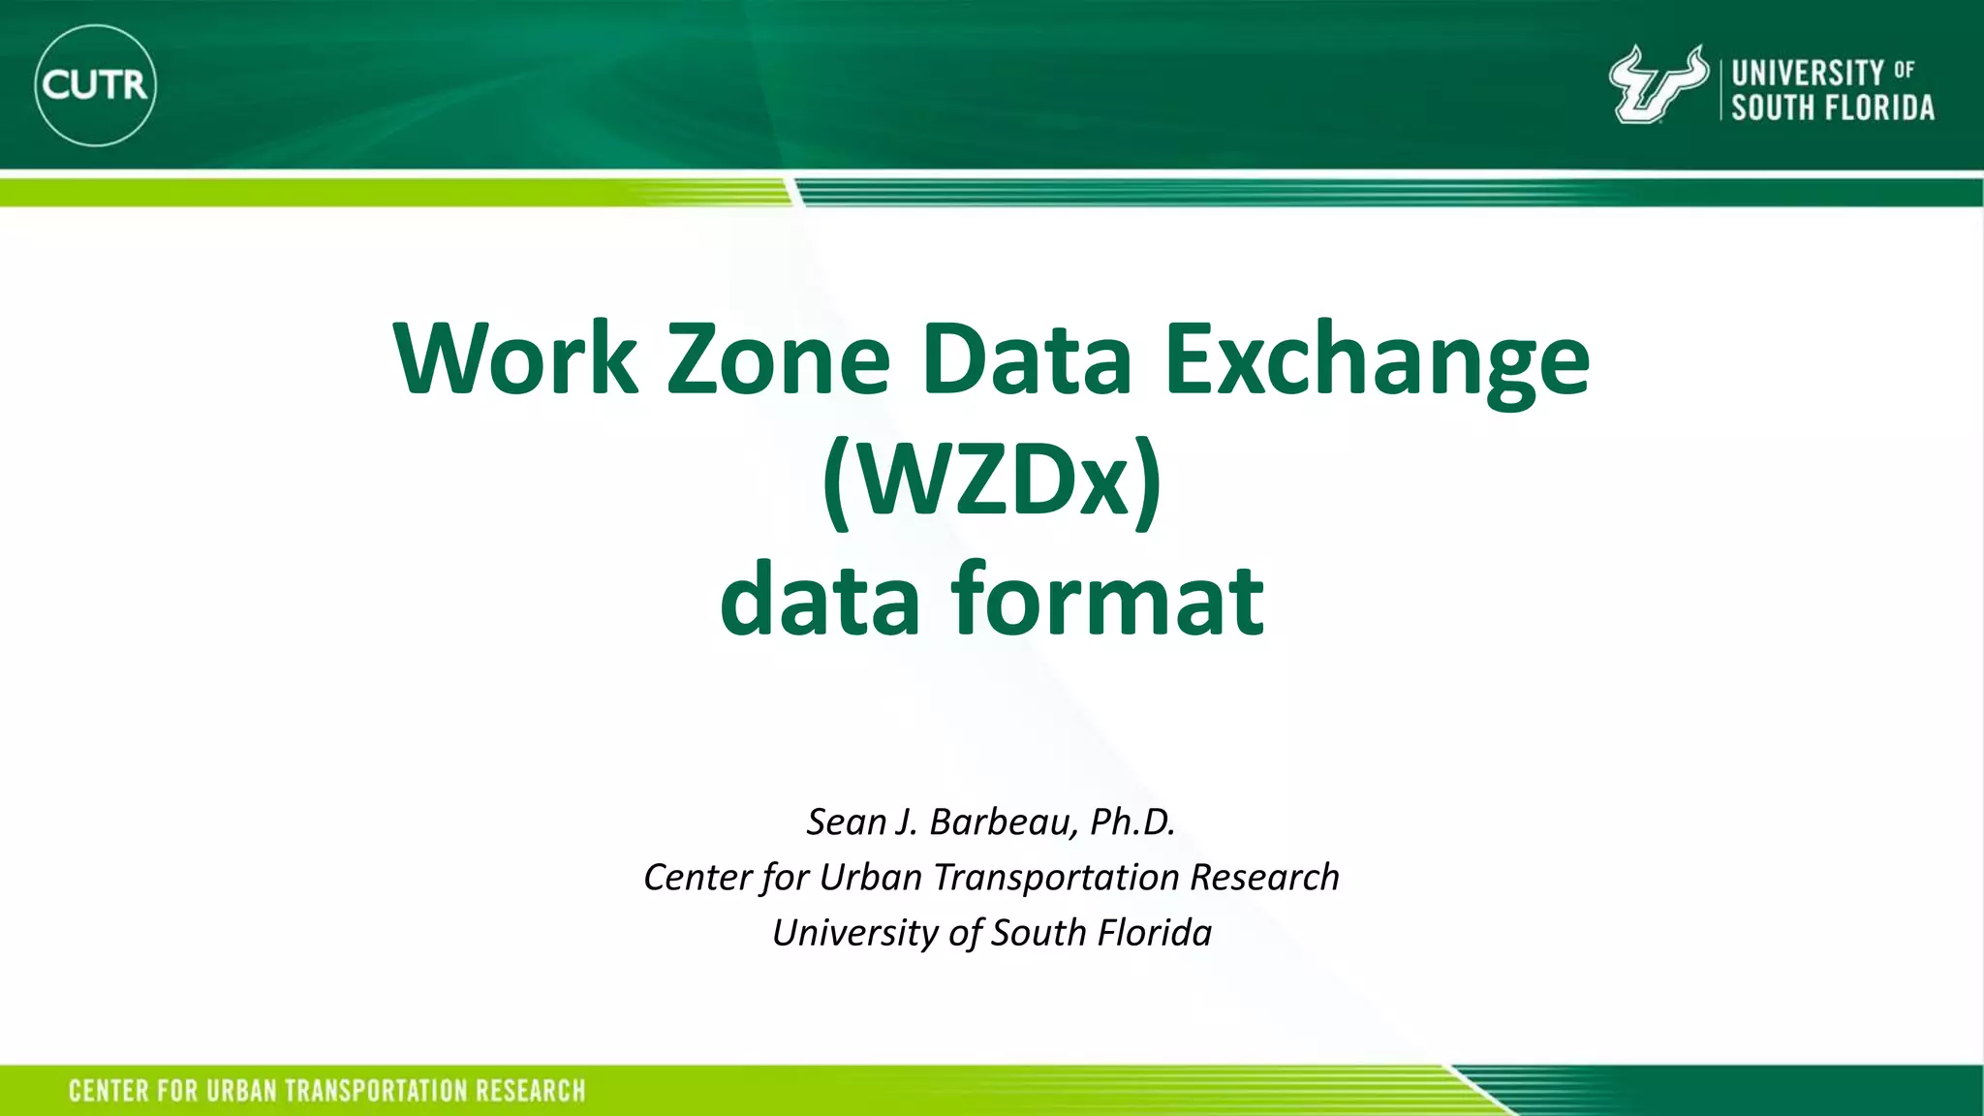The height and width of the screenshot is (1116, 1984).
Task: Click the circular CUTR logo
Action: click(95, 85)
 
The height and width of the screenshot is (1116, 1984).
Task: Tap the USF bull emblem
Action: click(1657, 85)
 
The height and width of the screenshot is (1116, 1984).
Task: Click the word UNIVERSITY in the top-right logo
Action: click(1808, 73)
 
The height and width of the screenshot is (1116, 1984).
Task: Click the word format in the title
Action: click(1107, 601)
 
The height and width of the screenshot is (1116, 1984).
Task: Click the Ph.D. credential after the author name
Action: click(1132, 821)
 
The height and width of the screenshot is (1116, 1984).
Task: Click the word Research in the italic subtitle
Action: click(1264, 878)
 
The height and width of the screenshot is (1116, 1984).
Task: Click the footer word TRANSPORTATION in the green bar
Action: click(375, 1091)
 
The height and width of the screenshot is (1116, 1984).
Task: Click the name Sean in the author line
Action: click(847, 822)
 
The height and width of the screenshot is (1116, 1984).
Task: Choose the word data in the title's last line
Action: click(820, 601)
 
